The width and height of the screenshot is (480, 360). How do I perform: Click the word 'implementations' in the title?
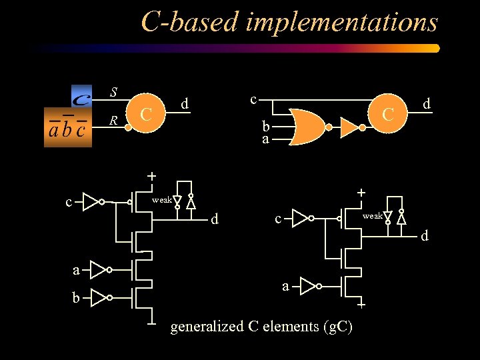pyautogui.click(x=341, y=23)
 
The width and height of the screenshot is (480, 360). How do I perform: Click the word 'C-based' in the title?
pyautogui.click(x=189, y=23)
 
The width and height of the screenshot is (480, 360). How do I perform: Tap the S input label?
pyautogui.click(x=114, y=91)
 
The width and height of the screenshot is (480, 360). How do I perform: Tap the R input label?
pyautogui.click(x=114, y=121)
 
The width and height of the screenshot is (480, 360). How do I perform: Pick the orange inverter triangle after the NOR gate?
pyautogui.click(x=351, y=127)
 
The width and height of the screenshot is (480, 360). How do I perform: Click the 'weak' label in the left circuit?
pyautogui.click(x=161, y=199)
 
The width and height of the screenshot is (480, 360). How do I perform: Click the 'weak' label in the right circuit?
pyautogui.click(x=372, y=216)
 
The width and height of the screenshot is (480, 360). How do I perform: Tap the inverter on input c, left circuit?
pyautogui.click(x=91, y=201)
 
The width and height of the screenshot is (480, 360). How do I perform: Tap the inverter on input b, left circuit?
pyautogui.click(x=99, y=297)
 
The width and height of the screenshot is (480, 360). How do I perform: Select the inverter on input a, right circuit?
pyautogui.click(x=308, y=286)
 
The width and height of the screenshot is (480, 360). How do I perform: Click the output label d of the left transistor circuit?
pyautogui.click(x=214, y=219)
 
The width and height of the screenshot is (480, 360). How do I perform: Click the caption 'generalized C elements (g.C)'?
pyautogui.click(x=262, y=327)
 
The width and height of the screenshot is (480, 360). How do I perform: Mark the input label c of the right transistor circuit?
pyautogui.click(x=279, y=218)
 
